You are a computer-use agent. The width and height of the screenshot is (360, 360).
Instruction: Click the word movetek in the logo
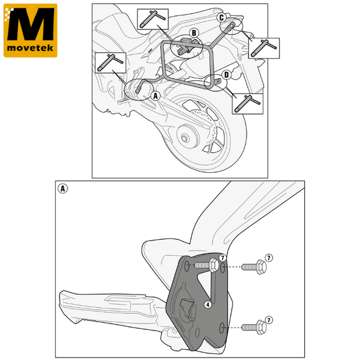pyautogui.click(x=30, y=48)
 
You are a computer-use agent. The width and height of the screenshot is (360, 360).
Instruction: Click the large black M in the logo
pyautogui.click(x=31, y=24)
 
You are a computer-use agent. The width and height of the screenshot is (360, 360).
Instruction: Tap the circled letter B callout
pyautogui.click(x=194, y=33)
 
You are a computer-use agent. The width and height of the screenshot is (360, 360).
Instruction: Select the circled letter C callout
pyautogui.click(x=221, y=17)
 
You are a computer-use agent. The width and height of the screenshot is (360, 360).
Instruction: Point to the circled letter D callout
pyautogui.click(x=227, y=75)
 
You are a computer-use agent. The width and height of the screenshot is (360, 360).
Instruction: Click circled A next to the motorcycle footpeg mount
pyautogui.click(x=155, y=96)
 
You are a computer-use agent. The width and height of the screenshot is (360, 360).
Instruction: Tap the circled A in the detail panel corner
pyautogui.click(x=62, y=188)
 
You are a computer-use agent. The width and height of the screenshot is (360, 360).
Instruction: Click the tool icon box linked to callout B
pyautogui.click(x=152, y=19)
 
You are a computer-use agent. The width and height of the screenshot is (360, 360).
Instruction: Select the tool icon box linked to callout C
pyautogui.click(x=264, y=48)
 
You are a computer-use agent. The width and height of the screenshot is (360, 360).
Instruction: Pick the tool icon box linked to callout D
pyautogui.click(x=247, y=104)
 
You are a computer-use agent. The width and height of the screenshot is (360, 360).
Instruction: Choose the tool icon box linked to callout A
pyautogui.click(x=110, y=62)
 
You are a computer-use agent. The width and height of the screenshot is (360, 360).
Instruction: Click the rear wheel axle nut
pyautogui.click(x=184, y=139)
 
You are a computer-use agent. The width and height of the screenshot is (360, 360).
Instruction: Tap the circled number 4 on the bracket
pyautogui.click(x=208, y=305)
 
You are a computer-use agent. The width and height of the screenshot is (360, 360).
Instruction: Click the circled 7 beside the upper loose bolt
pyautogui.click(x=269, y=257)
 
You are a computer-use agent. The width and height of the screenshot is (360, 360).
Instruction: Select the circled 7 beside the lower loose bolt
pyautogui.click(x=269, y=320)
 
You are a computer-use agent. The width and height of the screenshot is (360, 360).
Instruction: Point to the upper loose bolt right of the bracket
pyautogui.click(x=254, y=267)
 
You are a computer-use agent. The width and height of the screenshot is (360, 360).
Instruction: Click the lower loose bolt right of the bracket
pyautogui.click(x=254, y=327)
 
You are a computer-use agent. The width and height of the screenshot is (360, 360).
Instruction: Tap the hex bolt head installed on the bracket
pyautogui.click(x=214, y=265)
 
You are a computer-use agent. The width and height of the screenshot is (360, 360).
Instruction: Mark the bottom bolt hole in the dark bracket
pyautogui.click(x=221, y=328)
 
